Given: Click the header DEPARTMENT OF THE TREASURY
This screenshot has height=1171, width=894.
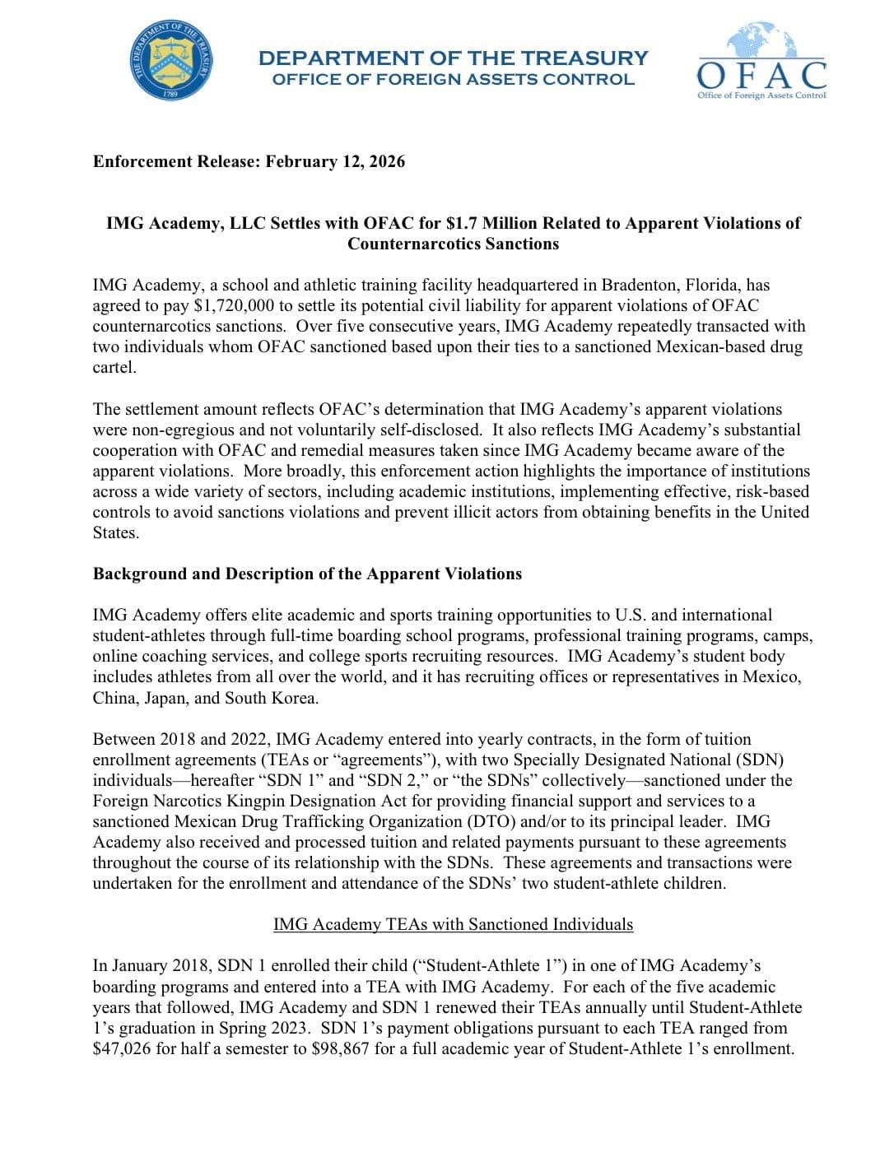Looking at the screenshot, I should pyautogui.click(x=453, y=58).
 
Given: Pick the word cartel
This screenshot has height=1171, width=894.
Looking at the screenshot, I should pyautogui.click(x=114, y=367).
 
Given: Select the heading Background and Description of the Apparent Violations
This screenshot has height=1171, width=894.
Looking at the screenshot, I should pyautogui.click(x=307, y=574).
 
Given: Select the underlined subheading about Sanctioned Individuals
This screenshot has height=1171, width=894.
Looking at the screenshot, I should pyautogui.click(x=453, y=924).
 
